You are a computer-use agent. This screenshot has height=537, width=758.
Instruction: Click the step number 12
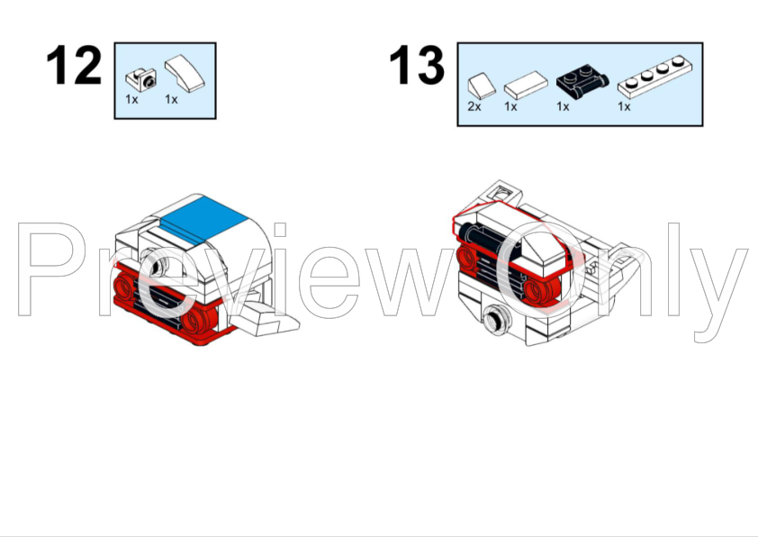(74, 66)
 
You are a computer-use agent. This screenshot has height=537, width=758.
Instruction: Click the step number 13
(417, 66)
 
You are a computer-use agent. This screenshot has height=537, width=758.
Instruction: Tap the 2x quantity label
(474, 106)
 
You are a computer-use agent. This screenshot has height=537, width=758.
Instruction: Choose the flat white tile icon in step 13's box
(525, 87)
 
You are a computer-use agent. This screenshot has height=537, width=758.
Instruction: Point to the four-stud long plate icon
(654, 78)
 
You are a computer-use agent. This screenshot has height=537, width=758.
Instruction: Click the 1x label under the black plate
(563, 106)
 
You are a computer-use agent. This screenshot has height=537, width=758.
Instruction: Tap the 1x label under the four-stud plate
(624, 106)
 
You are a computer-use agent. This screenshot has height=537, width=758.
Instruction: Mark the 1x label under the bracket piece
(132, 99)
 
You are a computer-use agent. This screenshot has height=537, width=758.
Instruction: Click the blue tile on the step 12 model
(209, 217)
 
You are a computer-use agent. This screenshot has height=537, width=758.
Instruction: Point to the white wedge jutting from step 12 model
(270, 316)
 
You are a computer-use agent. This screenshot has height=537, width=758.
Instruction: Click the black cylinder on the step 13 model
(483, 242)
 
